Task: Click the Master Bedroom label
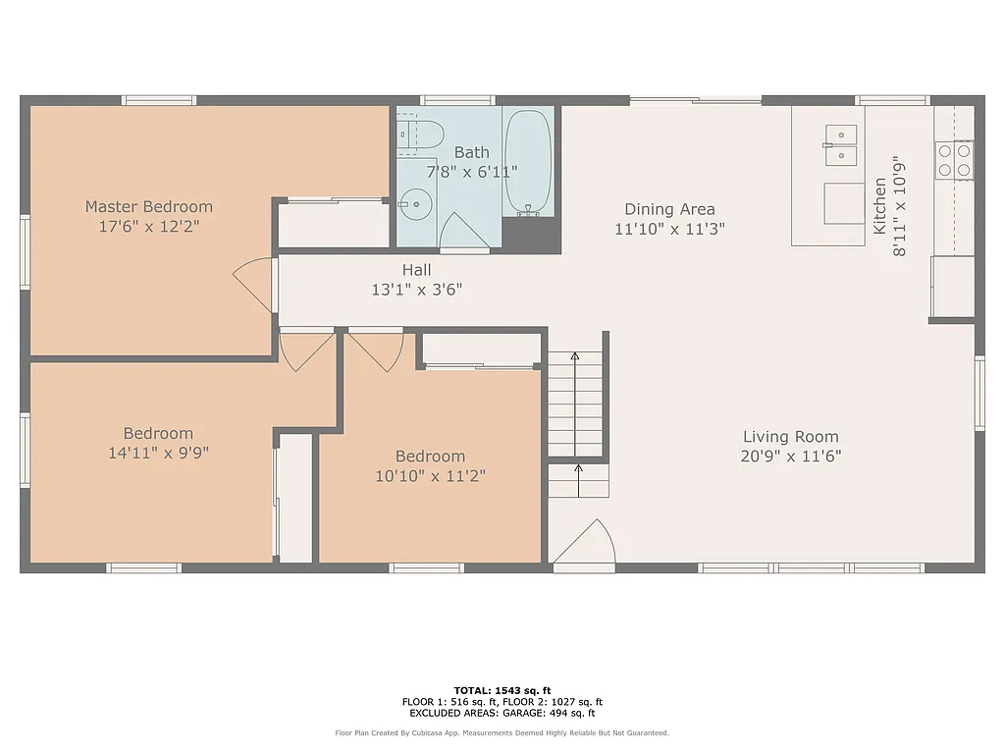[x=148, y=206]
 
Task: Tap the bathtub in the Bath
[x=528, y=162]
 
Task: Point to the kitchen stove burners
[x=954, y=160]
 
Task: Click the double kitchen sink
[x=840, y=145]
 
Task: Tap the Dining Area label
[x=669, y=209]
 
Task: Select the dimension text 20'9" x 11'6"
[x=791, y=456]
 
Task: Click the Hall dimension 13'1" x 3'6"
[x=416, y=289]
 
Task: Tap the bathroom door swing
[x=463, y=234]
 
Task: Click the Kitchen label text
[x=880, y=205]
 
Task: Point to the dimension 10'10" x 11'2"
[x=430, y=475]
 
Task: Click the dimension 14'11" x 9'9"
[x=158, y=453]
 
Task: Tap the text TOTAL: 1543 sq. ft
[x=502, y=690]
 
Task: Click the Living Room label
[x=790, y=437]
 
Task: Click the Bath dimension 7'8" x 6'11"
[x=471, y=171]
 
